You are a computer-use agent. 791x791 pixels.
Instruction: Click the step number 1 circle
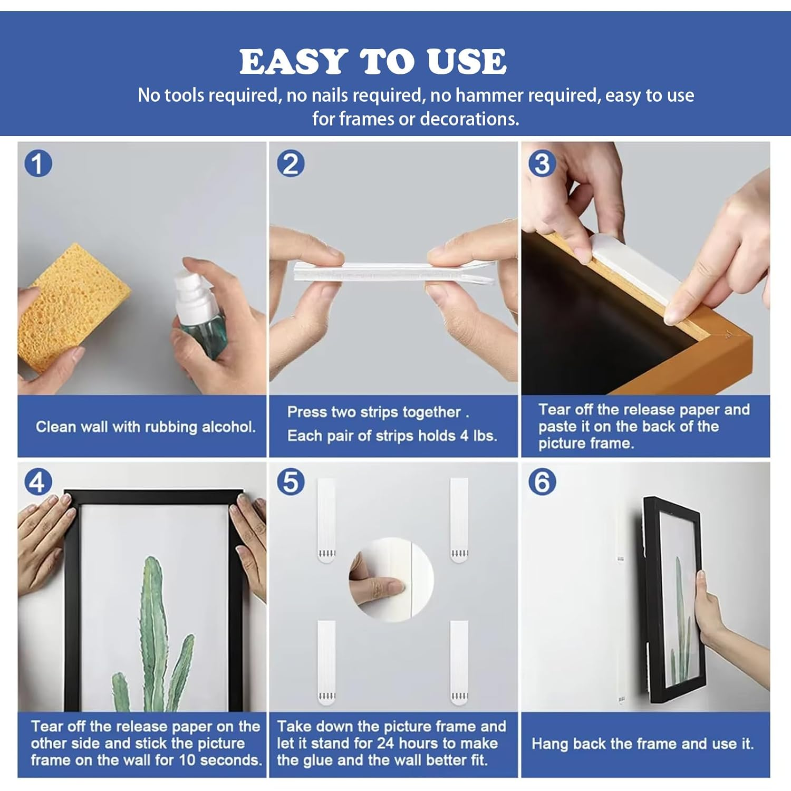[38, 163]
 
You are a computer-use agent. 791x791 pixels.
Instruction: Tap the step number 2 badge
[291, 163]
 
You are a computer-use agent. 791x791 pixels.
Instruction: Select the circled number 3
[542, 163]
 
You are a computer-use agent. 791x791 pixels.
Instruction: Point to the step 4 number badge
[38, 482]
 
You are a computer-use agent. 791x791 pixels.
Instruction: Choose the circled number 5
[291, 482]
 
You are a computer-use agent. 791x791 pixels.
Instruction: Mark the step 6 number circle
[542, 482]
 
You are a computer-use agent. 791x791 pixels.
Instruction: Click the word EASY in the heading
[294, 62]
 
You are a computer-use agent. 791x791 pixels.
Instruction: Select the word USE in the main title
[467, 62]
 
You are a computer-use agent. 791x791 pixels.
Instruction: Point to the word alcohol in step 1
[228, 427]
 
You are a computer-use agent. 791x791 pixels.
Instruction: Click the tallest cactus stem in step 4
[153, 633]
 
